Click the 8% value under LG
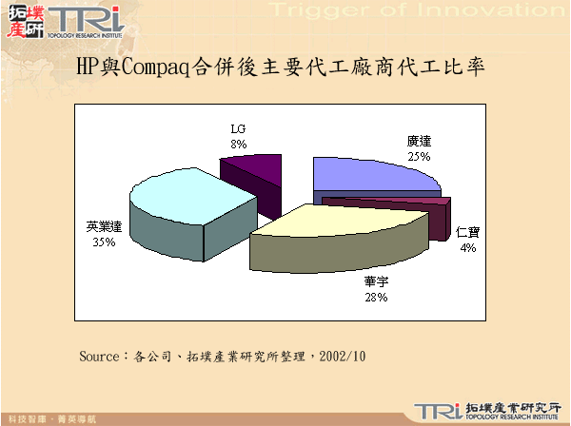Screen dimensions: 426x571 [x=238, y=144]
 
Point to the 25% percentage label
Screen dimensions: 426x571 [x=419, y=155]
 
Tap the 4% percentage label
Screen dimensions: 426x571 [x=467, y=247]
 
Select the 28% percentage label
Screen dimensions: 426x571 [x=375, y=298]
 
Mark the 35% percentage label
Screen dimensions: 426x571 [x=104, y=242]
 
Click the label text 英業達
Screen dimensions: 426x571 [x=105, y=227]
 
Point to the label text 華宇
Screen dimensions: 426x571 [x=375, y=282]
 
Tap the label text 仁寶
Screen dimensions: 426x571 [x=467, y=232]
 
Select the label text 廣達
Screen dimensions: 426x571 [x=419, y=141]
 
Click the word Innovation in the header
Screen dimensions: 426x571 [x=495, y=10]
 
